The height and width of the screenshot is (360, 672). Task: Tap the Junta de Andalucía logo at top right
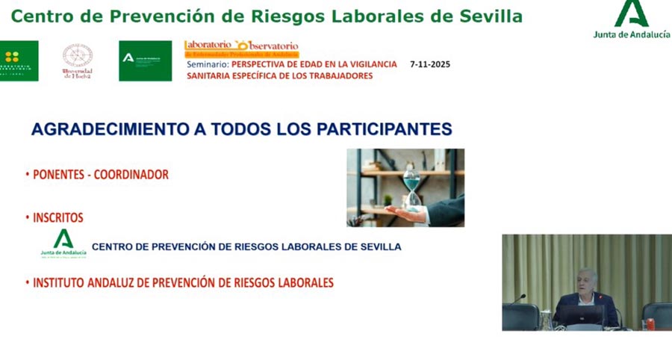pyautogui.click(x=632, y=19)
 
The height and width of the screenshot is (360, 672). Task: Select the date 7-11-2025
pyautogui.click(x=430, y=64)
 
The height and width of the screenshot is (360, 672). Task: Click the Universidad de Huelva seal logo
pyautogui.click(x=78, y=61)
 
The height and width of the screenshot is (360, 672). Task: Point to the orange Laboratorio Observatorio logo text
pyautogui.click(x=241, y=47)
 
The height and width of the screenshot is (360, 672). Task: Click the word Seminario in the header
pyautogui.click(x=207, y=64)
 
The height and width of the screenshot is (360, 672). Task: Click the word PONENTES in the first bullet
pyautogui.click(x=58, y=175)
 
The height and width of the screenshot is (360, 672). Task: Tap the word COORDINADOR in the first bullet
pyautogui.click(x=131, y=175)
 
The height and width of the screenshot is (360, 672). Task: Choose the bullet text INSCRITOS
pyautogui.click(x=57, y=218)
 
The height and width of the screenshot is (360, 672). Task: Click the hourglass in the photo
pyautogui.click(x=411, y=186)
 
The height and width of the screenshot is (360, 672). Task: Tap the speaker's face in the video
pyautogui.click(x=586, y=280)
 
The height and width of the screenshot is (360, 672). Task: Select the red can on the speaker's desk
pyautogui.click(x=650, y=323)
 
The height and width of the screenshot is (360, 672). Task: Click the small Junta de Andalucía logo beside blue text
pyautogui.click(x=63, y=243)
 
